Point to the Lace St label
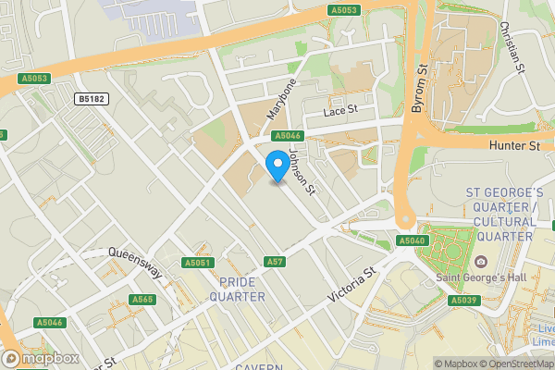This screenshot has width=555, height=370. (x=339, y=111)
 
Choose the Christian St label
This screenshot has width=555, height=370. (x=512, y=48)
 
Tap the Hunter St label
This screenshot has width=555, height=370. (x=520, y=146)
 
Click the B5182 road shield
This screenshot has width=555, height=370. (x=91, y=98)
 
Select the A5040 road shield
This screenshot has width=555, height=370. (x=412, y=240)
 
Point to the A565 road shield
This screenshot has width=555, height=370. (x=142, y=299)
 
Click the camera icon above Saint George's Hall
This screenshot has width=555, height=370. (x=481, y=262)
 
